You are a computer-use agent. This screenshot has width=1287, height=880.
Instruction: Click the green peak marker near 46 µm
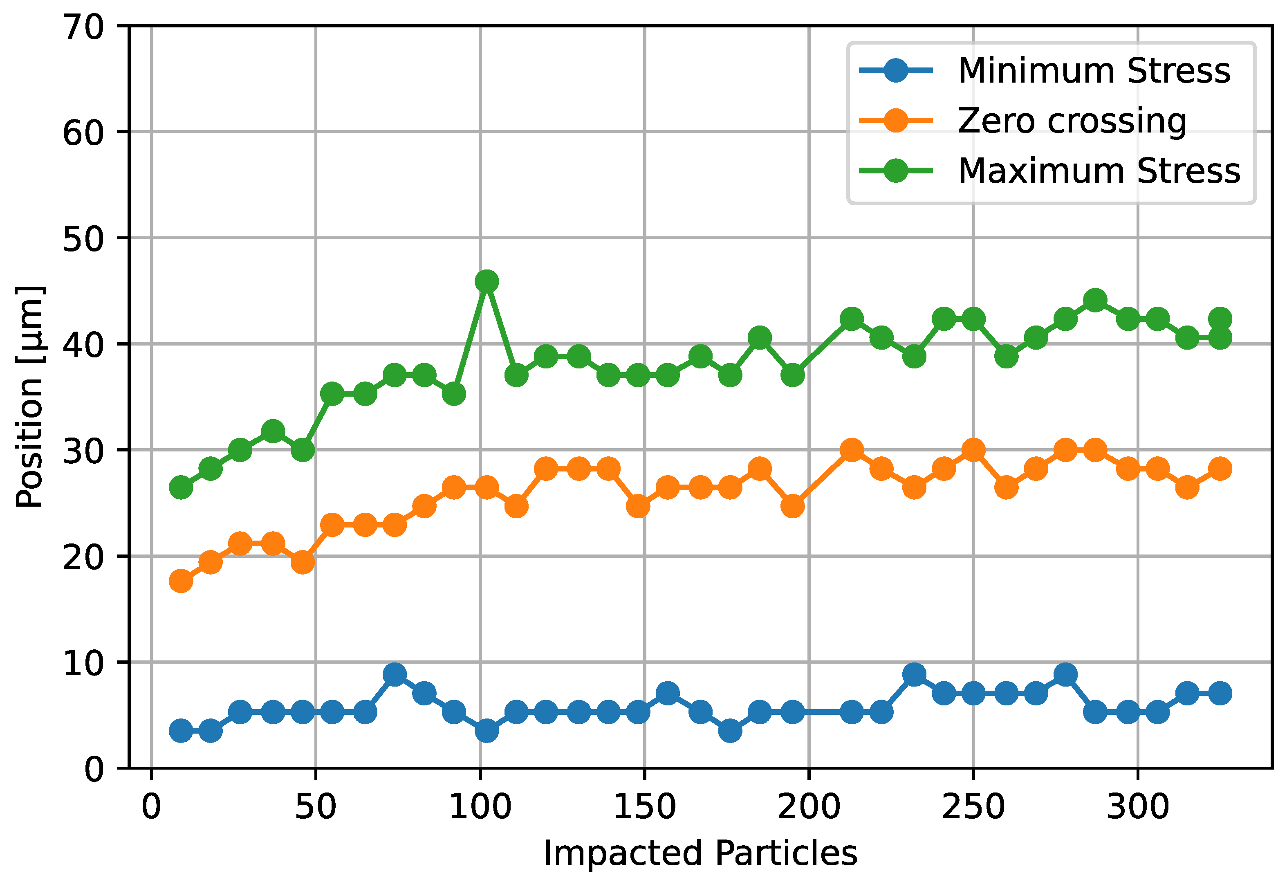click(x=486, y=282)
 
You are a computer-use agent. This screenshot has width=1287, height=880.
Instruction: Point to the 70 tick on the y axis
click(x=83, y=27)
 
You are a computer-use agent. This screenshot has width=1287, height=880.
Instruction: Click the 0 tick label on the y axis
click(x=94, y=769)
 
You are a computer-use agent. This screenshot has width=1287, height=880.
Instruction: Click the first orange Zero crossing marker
click(x=181, y=581)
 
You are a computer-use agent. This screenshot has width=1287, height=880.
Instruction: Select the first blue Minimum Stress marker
click(x=181, y=731)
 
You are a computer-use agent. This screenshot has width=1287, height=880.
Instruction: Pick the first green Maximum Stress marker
click(x=181, y=487)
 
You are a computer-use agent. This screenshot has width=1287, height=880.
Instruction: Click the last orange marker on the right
click(x=1220, y=469)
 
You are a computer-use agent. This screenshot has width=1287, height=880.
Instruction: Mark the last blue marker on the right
click(x=1220, y=694)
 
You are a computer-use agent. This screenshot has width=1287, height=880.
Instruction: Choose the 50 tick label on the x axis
click(x=315, y=807)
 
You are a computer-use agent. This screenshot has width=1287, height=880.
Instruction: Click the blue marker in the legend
click(x=895, y=71)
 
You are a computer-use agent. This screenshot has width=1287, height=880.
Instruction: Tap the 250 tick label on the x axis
click(x=973, y=807)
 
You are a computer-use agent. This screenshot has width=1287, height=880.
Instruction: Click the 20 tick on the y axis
click(x=83, y=557)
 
